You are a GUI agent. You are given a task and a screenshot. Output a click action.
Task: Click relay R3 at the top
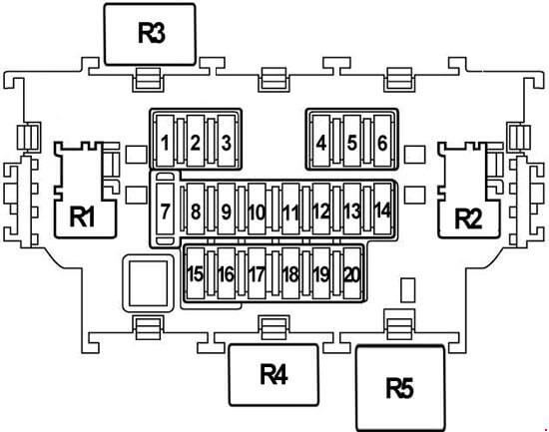(x=150, y=34)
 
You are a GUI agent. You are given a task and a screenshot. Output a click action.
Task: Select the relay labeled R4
(x=274, y=375)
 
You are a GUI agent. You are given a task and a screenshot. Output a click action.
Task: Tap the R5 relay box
(x=400, y=388)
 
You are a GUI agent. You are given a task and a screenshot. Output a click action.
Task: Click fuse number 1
(x=165, y=141)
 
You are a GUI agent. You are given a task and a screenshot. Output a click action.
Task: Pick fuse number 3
(x=227, y=141)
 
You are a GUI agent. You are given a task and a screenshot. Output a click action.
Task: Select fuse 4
(x=321, y=141)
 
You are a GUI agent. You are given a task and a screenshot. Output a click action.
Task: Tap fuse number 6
(x=382, y=141)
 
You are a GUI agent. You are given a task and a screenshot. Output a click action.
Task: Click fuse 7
(x=165, y=209)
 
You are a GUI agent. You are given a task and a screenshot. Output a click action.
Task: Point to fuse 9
(x=227, y=209)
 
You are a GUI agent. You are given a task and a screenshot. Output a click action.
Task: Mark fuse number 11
(x=290, y=209)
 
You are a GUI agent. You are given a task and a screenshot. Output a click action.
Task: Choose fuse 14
(x=382, y=209)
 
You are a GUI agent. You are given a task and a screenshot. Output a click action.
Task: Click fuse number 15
(x=196, y=273)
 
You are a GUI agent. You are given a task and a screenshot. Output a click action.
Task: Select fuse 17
(x=257, y=273)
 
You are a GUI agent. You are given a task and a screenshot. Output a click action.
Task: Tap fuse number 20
(x=352, y=273)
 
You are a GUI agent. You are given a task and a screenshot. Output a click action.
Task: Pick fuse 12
(x=321, y=209)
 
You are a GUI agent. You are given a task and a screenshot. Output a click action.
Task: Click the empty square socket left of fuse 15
(x=148, y=283)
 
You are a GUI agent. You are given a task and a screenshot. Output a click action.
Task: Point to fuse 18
(x=290, y=273)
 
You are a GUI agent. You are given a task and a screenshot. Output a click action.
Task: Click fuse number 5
(x=352, y=141)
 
